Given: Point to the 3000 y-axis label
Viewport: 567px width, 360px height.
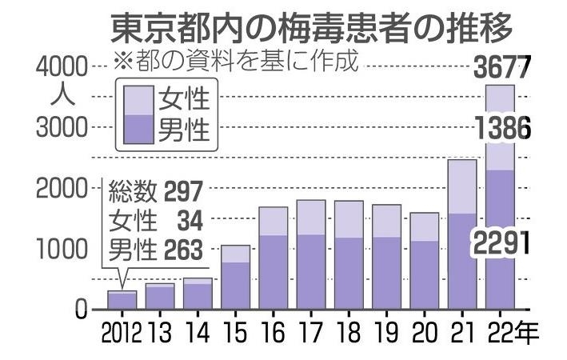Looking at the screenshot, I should (x=64, y=127).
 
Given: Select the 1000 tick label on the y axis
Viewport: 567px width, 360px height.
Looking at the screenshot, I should (x=64, y=249).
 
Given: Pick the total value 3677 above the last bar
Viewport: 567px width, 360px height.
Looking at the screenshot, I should (x=501, y=68).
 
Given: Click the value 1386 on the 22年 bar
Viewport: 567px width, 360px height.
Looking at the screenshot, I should (x=501, y=127).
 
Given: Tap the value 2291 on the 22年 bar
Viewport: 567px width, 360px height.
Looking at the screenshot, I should (x=501, y=242).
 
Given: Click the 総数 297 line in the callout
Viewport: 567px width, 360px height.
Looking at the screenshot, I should (x=157, y=191).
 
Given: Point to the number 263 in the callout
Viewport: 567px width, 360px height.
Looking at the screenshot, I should (x=186, y=249).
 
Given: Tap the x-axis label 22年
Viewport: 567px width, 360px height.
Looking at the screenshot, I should (x=507, y=331).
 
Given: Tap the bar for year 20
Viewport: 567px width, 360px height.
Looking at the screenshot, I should (x=425, y=261).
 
